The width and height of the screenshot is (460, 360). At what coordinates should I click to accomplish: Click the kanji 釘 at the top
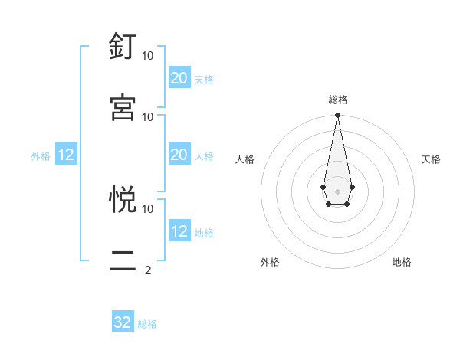[123, 47]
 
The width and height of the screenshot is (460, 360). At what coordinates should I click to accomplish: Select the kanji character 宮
[123, 107]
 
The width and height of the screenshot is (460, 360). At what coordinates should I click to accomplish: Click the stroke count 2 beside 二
[148, 270]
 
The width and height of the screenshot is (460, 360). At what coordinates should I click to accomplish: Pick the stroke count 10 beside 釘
[148, 56]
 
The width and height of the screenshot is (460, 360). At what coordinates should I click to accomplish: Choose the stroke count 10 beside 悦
[148, 208]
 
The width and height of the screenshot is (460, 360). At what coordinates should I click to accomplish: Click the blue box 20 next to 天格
[179, 78]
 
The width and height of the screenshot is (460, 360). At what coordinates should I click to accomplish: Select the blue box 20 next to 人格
[179, 155]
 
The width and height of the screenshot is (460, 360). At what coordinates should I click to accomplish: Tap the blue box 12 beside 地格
[179, 231]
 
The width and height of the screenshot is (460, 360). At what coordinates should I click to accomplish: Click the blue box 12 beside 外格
[66, 155]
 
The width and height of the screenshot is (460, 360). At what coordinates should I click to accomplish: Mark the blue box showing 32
[123, 322]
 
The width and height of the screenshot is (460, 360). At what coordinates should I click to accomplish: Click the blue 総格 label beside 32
[147, 324]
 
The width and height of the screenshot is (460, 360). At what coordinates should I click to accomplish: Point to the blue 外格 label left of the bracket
[41, 156]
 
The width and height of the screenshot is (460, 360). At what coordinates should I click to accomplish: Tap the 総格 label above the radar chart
[337, 100]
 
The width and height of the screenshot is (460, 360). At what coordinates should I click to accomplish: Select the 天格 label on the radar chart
[431, 159]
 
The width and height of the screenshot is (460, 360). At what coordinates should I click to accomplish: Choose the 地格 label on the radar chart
[402, 262]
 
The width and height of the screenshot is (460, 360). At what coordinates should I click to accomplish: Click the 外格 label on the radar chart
[270, 262]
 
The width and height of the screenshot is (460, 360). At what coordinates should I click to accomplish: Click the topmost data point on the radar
[337, 115]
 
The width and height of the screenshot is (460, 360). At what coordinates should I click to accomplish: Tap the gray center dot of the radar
[337, 190]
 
